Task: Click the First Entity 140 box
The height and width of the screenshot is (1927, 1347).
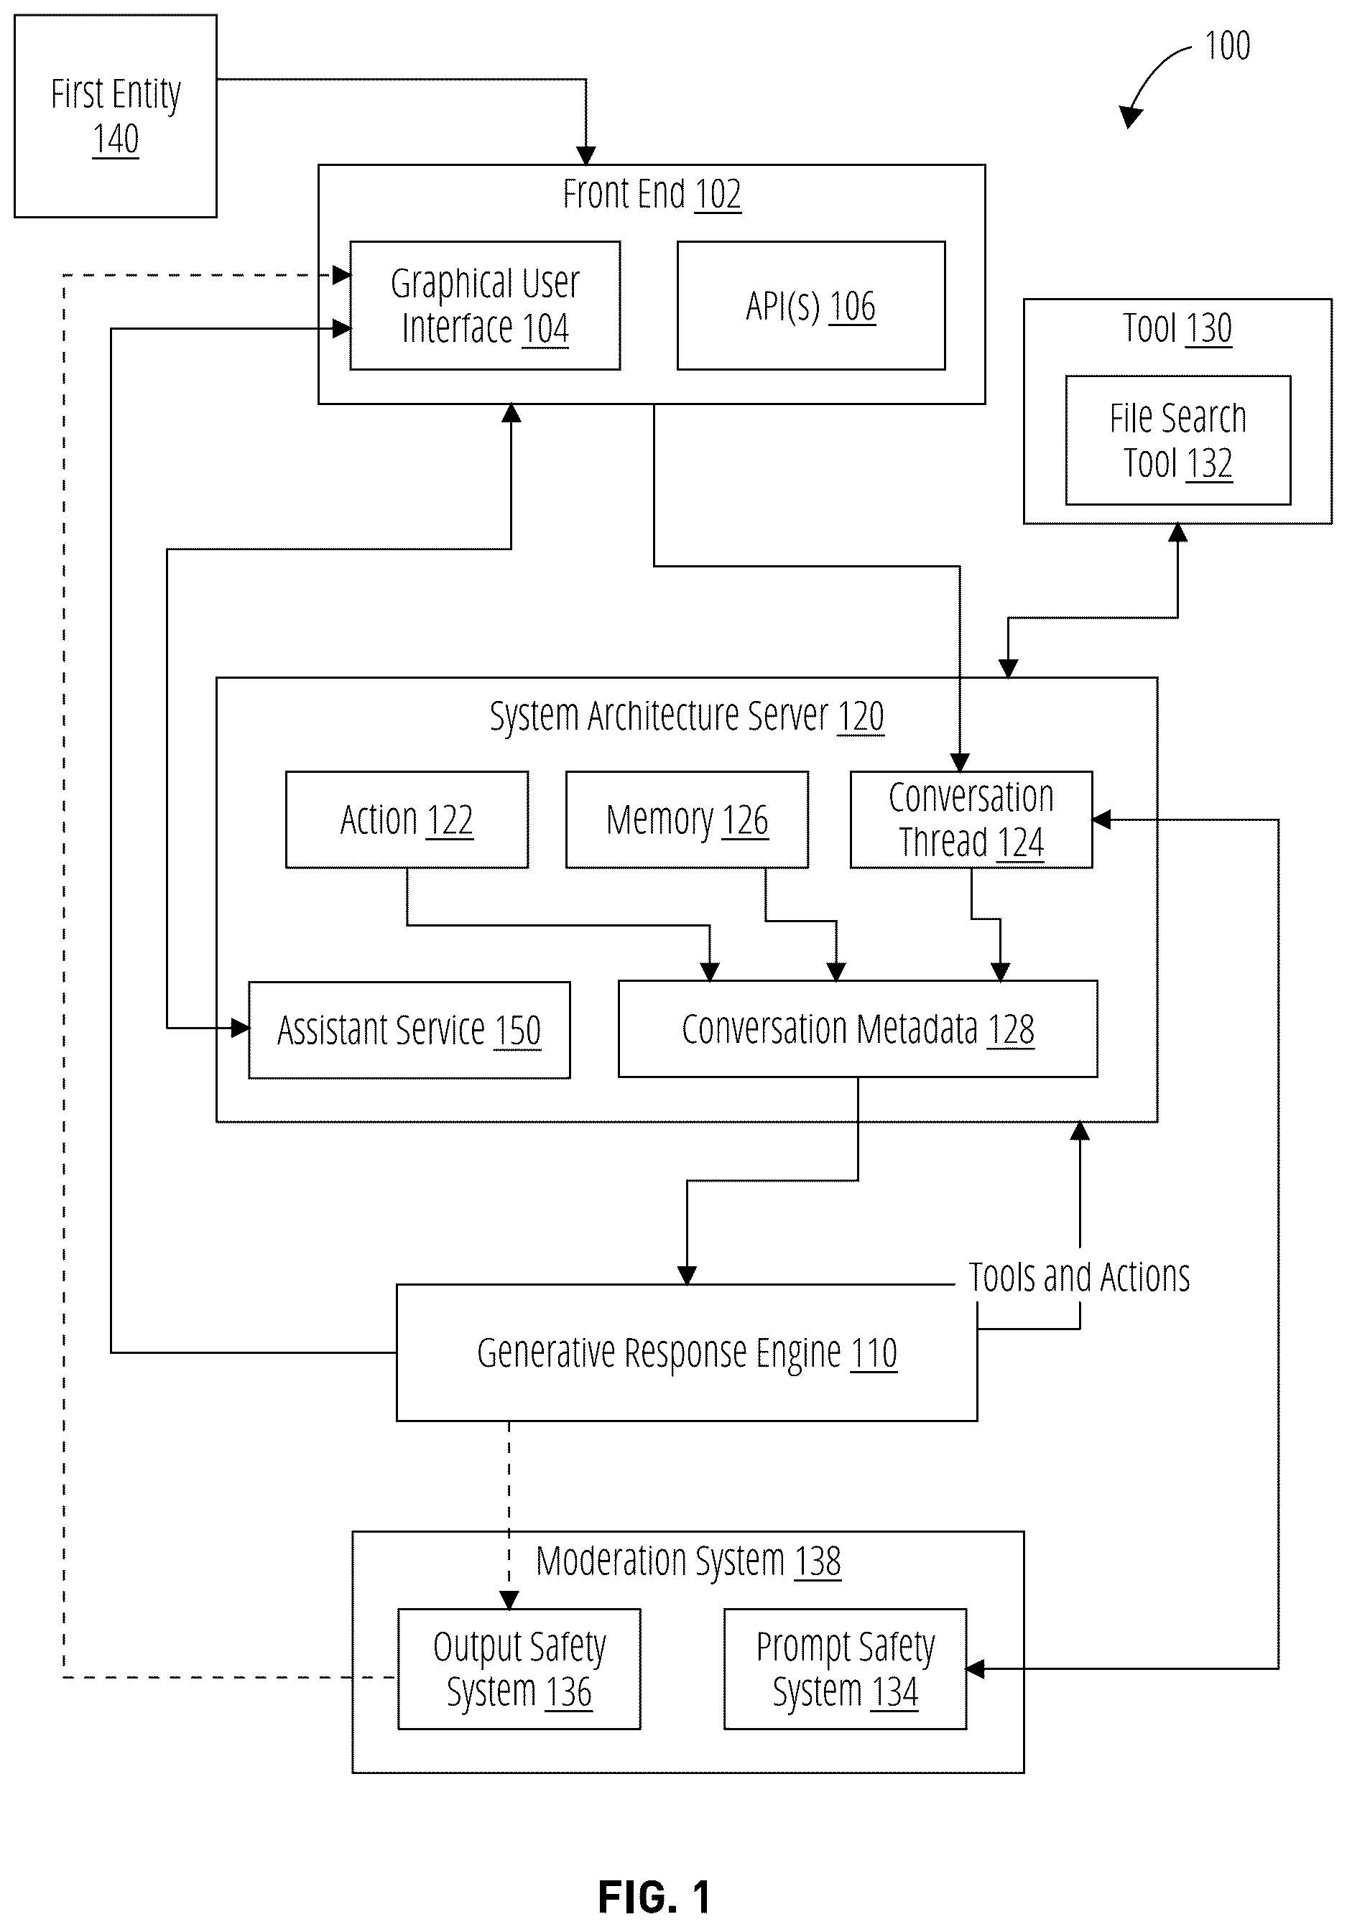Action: tap(116, 116)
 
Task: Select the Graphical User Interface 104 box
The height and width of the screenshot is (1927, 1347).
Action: tap(485, 305)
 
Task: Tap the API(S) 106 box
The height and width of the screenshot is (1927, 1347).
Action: tap(811, 305)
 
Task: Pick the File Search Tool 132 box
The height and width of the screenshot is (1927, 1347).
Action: tap(1177, 440)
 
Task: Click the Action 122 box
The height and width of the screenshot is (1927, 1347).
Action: tap(407, 819)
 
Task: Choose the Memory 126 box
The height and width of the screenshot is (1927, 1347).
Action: tap(688, 819)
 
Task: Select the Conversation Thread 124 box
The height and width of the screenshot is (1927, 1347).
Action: tap(971, 819)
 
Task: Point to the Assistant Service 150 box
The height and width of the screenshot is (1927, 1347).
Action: tap(409, 1030)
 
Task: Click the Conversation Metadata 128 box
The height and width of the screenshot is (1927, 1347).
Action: tap(858, 1029)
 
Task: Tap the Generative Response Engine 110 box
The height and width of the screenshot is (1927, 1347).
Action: tap(687, 1353)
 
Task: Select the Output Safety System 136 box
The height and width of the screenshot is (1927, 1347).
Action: tap(519, 1669)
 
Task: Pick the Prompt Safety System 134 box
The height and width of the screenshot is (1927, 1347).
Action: tap(845, 1669)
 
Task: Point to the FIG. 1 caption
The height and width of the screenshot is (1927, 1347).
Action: tap(654, 1898)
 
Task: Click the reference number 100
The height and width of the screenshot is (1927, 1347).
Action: tap(1227, 45)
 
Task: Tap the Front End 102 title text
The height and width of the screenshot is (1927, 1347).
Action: tap(652, 194)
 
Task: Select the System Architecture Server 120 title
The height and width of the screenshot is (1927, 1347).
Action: tap(687, 717)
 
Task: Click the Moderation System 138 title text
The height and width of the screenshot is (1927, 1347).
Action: tap(688, 1562)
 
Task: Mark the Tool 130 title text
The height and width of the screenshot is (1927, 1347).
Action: tap(1177, 328)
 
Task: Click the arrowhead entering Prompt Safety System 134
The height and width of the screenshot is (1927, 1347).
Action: tap(975, 1669)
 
